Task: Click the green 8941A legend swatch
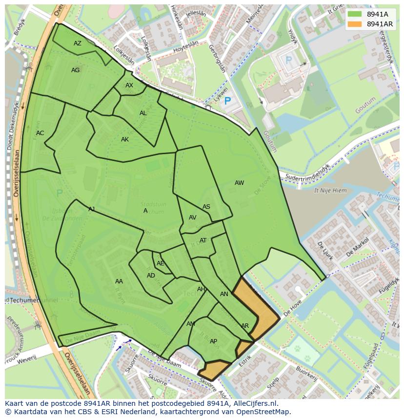[355, 14]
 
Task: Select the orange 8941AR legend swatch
[355, 24]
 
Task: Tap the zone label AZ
[78, 43]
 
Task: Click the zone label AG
[75, 70]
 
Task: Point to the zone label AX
[129, 85]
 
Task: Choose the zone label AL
[143, 113]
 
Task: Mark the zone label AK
[125, 140]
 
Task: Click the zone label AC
[40, 133]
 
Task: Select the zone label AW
[239, 183]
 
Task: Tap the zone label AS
[206, 207]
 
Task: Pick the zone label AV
[192, 218]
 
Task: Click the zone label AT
[203, 240]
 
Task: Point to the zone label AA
[119, 281]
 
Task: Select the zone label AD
[151, 276]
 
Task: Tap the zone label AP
[213, 341]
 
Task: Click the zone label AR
[245, 326]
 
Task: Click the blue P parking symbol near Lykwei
[227, 101]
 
